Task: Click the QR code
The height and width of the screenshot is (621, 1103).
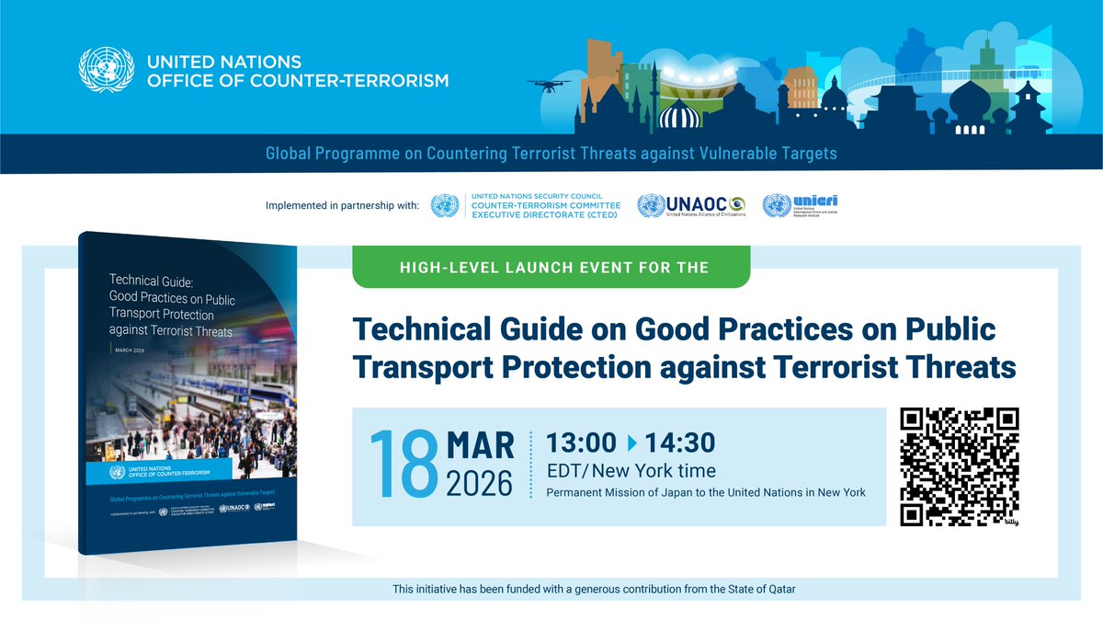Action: click(x=960, y=467)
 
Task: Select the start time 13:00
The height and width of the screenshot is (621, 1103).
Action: click(x=581, y=443)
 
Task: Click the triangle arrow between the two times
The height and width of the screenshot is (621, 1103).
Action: click(x=631, y=443)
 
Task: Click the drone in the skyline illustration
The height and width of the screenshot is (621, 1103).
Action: click(x=549, y=85)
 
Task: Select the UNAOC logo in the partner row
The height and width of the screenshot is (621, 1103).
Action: click(x=693, y=204)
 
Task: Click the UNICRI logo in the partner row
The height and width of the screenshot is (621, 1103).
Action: click(x=801, y=204)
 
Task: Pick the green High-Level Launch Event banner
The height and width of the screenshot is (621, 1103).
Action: click(x=551, y=268)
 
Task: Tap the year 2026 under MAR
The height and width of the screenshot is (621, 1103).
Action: click(x=480, y=482)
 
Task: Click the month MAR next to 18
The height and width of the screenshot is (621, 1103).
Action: click(x=480, y=444)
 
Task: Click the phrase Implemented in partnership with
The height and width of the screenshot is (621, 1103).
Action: click(x=341, y=205)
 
